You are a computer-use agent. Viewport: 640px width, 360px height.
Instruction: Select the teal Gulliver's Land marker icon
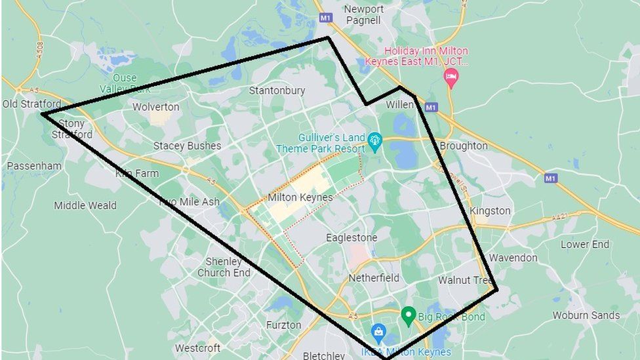[x=374, y=140]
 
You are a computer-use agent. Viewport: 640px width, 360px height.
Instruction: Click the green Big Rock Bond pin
[x=409, y=315]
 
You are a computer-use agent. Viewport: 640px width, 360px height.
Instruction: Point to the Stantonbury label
[x=277, y=90]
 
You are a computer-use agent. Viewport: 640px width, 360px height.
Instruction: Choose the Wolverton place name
[x=155, y=107]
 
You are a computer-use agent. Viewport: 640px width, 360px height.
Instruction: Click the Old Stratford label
[x=31, y=104]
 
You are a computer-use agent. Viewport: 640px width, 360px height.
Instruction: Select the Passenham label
[x=34, y=166]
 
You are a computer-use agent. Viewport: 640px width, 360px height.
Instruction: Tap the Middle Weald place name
[x=85, y=205]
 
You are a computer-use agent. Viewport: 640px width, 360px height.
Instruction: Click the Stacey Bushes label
[x=187, y=146]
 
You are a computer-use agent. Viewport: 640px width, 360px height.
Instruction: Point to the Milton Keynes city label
[x=300, y=197]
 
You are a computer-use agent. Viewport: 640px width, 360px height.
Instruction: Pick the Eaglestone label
[x=351, y=237]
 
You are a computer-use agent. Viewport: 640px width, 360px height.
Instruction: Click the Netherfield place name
[x=374, y=278]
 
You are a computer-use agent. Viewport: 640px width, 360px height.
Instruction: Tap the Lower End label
[x=585, y=244]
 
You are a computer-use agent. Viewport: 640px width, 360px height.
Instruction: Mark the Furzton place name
[x=283, y=325]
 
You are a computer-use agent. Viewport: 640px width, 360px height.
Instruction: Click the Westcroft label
[x=197, y=348]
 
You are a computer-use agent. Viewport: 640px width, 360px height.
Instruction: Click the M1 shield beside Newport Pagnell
[x=326, y=18]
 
